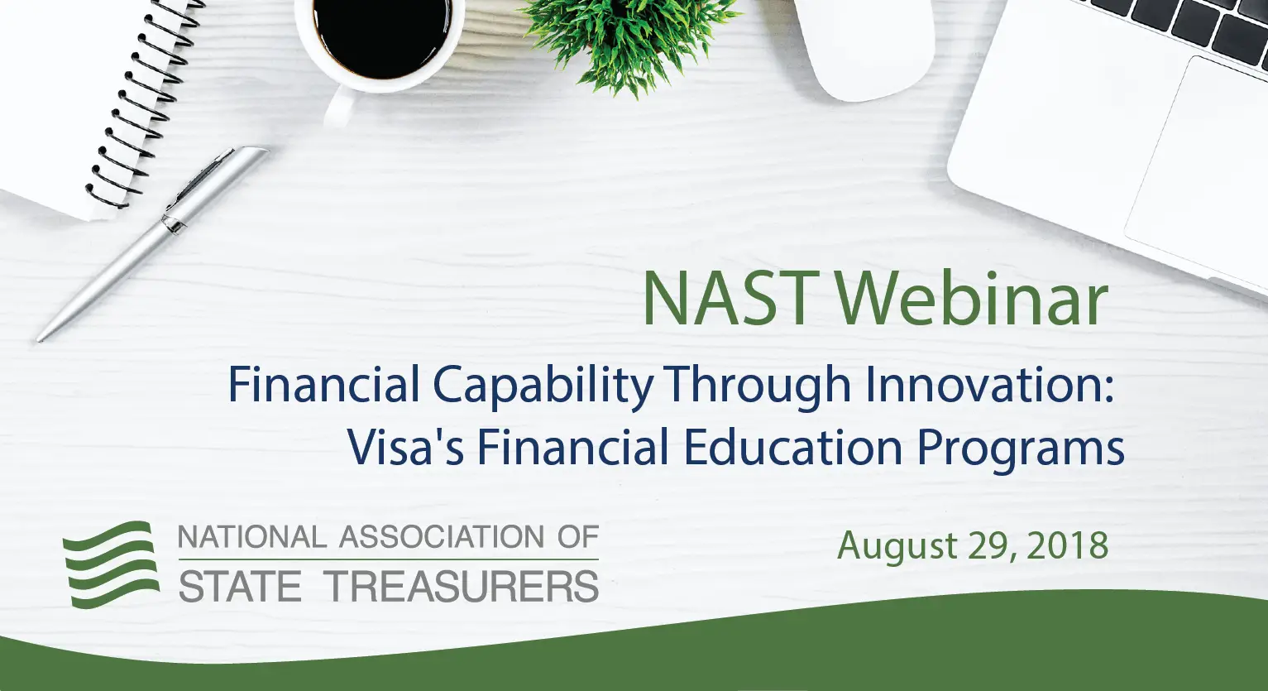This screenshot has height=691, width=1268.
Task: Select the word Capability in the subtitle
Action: tap(543, 386)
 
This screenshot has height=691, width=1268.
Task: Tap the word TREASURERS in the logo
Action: tap(462, 587)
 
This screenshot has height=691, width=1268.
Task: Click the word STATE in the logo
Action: tap(240, 587)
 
